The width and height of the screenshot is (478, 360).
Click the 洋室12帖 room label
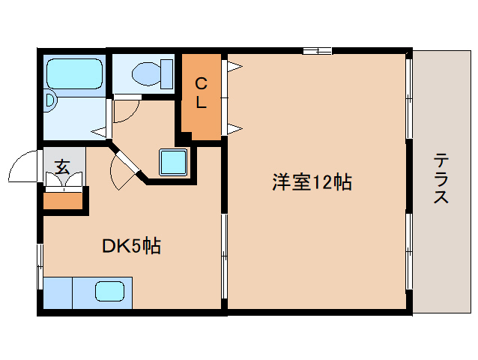(x=312, y=181)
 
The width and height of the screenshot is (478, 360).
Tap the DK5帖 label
(x=132, y=246)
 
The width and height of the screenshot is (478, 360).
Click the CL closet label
(x=201, y=93)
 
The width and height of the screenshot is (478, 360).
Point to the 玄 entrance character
(x=63, y=166)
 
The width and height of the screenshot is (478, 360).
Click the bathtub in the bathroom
(x=73, y=74)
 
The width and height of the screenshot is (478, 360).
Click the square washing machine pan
(x=173, y=161)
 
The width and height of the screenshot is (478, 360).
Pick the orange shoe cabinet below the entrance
(x=63, y=200)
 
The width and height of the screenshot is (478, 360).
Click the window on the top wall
(x=317, y=51)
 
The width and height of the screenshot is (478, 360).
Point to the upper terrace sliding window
(x=409, y=97)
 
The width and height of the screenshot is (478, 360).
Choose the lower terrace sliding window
(x=409, y=251)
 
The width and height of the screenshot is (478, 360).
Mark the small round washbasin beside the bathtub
(x=49, y=100)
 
